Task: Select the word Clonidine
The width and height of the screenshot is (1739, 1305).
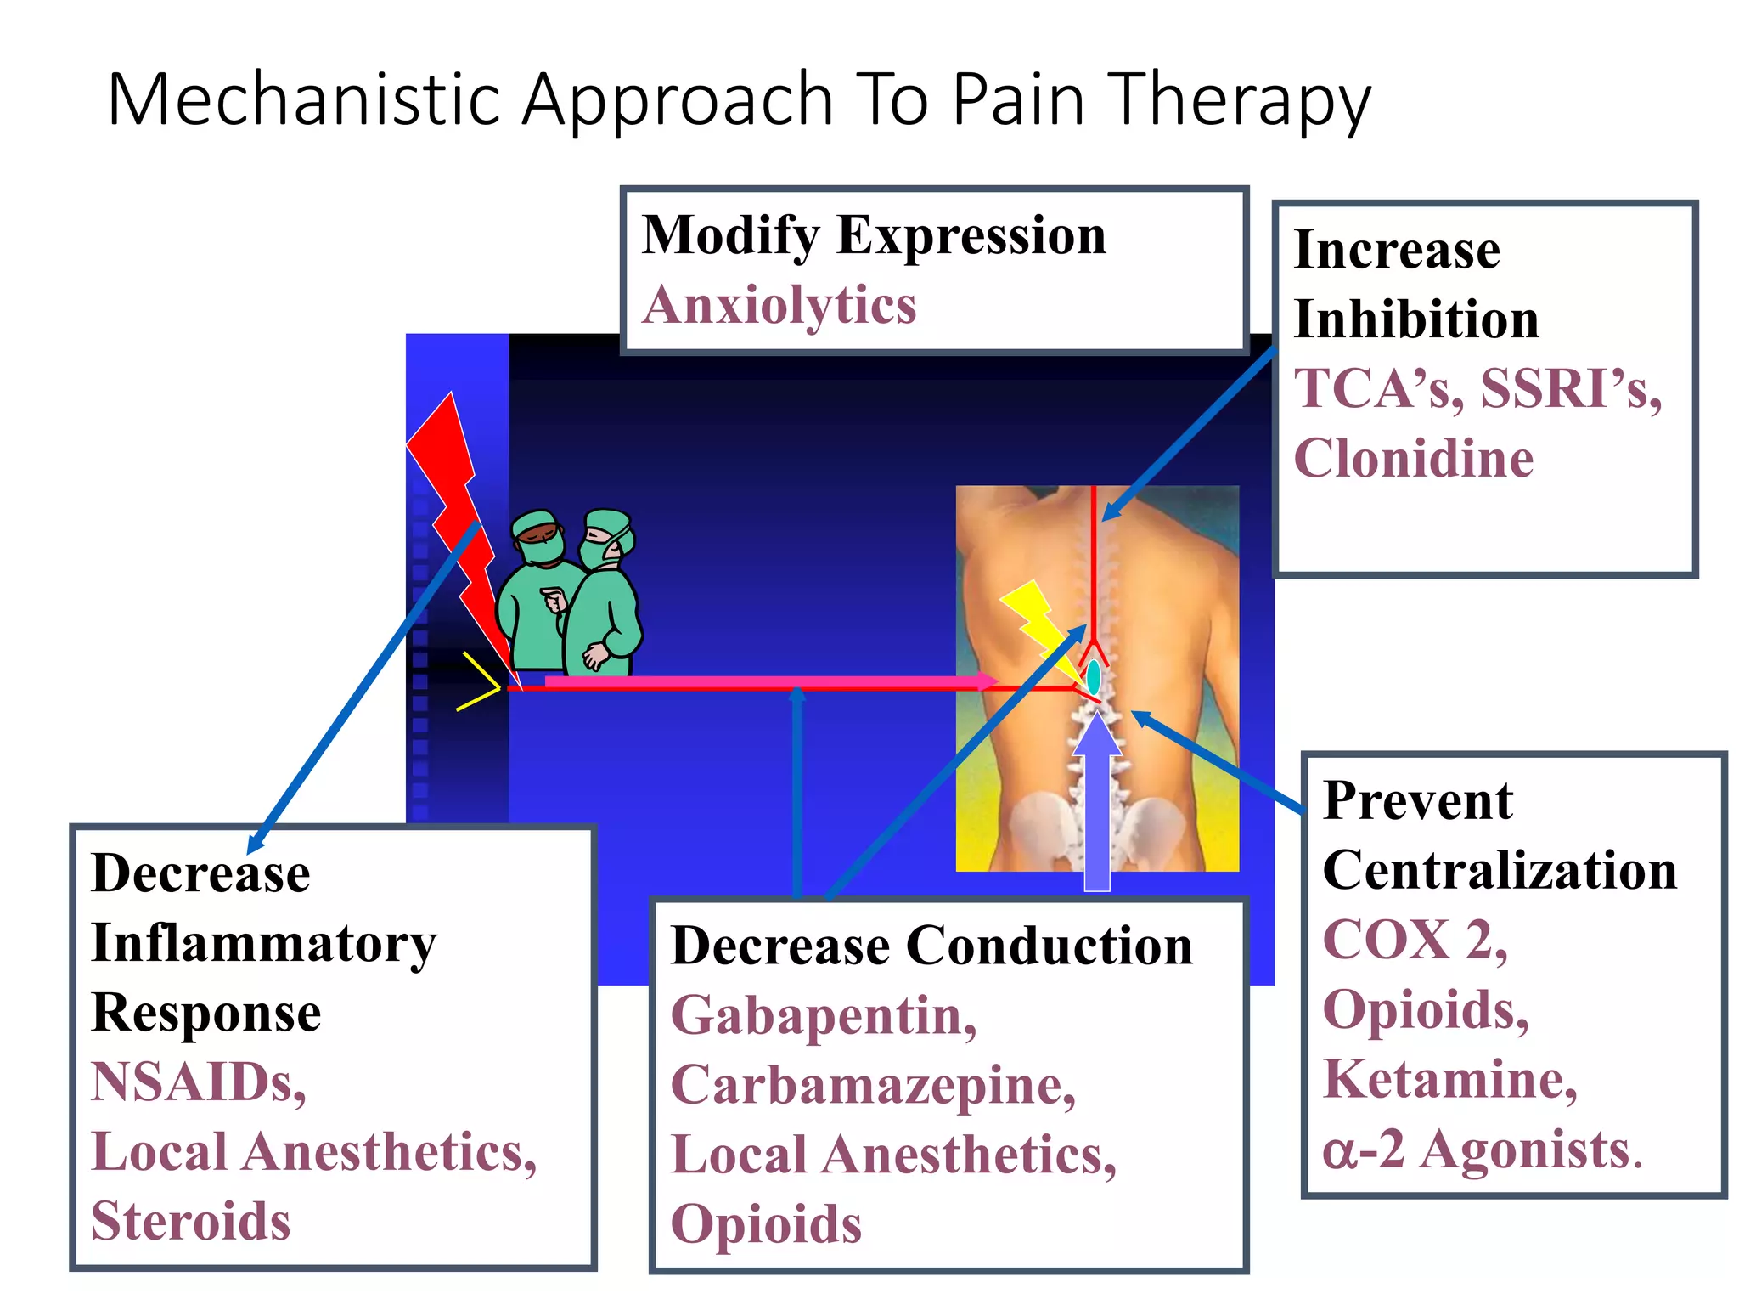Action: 1413,459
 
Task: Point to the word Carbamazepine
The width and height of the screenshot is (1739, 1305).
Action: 872,1085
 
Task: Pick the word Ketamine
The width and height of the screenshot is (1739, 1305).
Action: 1449,1079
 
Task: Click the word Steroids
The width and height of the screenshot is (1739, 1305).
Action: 191,1221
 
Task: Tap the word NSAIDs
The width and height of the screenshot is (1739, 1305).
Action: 198,1082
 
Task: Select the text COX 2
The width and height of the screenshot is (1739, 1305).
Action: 1415,941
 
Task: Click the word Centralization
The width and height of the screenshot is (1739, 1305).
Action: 1500,870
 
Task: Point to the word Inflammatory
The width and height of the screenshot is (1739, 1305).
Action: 263,943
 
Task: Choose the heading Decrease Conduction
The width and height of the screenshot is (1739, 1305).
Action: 931,946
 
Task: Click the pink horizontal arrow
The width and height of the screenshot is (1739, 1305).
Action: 764,681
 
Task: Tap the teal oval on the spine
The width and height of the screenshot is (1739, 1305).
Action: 1094,676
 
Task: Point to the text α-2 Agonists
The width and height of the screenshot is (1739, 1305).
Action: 1482,1150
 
